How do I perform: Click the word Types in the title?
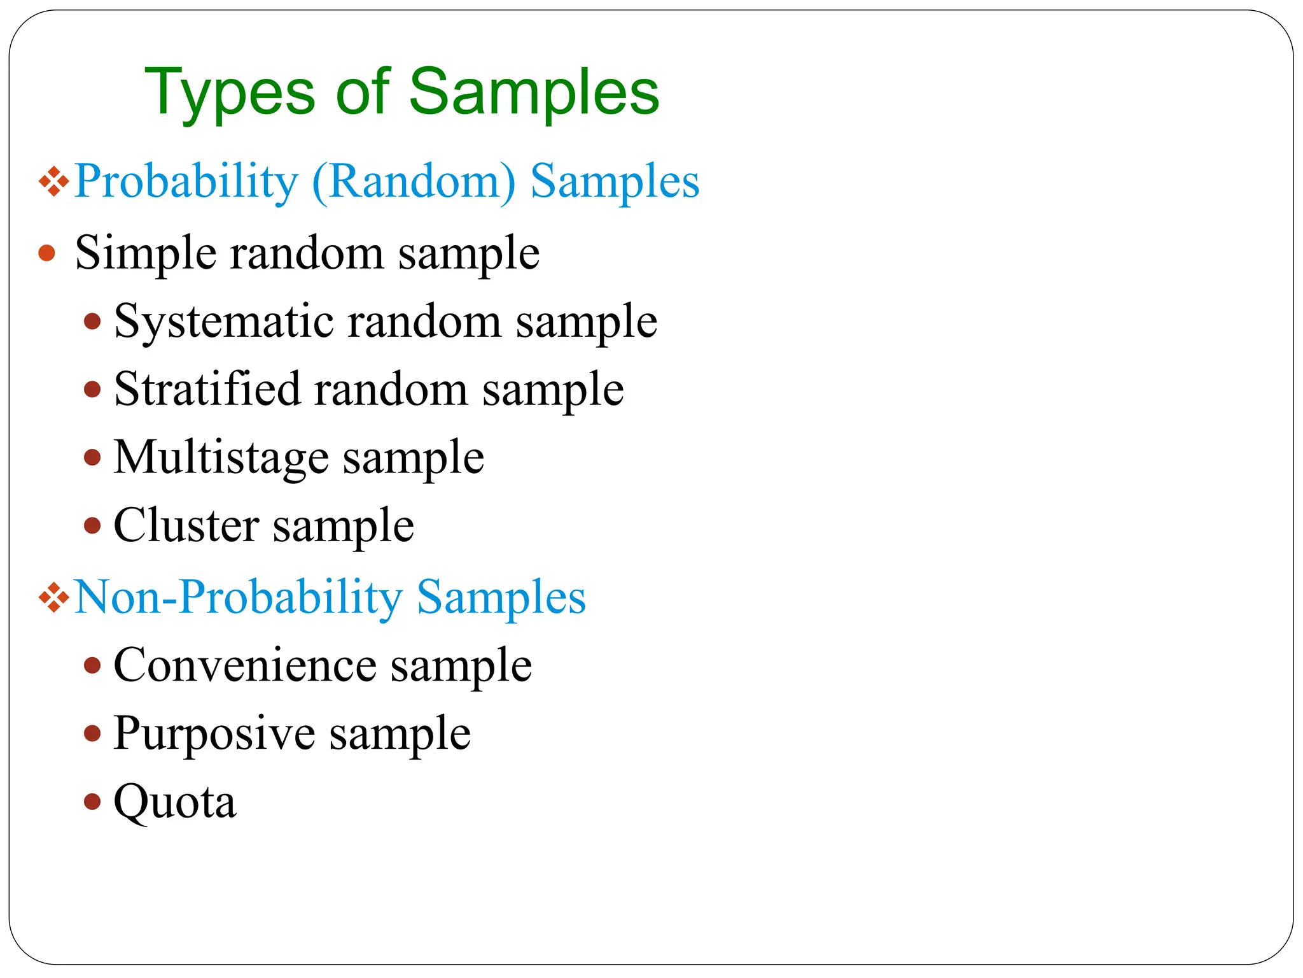point(229,94)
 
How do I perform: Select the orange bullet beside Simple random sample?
point(47,253)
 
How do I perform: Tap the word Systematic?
point(223,322)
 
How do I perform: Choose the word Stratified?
point(207,390)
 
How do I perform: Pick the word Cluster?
point(186,526)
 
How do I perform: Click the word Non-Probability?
point(239,598)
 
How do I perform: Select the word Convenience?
point(245,665)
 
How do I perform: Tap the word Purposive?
point(214,734)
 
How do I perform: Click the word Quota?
point(174,802)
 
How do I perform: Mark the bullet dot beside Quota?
point(93,802)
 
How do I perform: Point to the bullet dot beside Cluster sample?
point(93,526)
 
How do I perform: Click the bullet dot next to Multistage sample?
point(93,458)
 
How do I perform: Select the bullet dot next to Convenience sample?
point(93,665)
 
